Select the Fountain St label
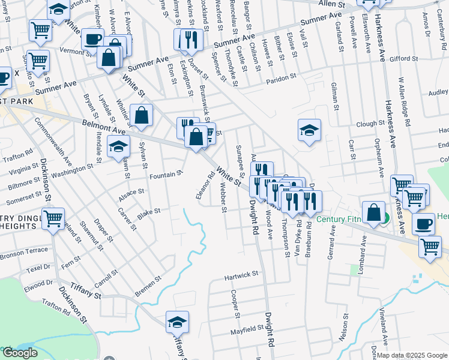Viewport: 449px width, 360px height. coord(166,175)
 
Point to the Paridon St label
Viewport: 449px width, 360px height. coord(281,77)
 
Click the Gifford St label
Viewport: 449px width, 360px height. coord(403,59)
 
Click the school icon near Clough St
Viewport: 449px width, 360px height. coord(309,131)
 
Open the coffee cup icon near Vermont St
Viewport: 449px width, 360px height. coord(92,39)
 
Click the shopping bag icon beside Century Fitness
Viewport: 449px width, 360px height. coord(373,213)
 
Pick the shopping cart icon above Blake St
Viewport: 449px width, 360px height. coord(53,217)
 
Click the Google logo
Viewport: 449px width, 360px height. coord(20,353)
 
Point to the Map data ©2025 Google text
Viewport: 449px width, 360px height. coord(411,355)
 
